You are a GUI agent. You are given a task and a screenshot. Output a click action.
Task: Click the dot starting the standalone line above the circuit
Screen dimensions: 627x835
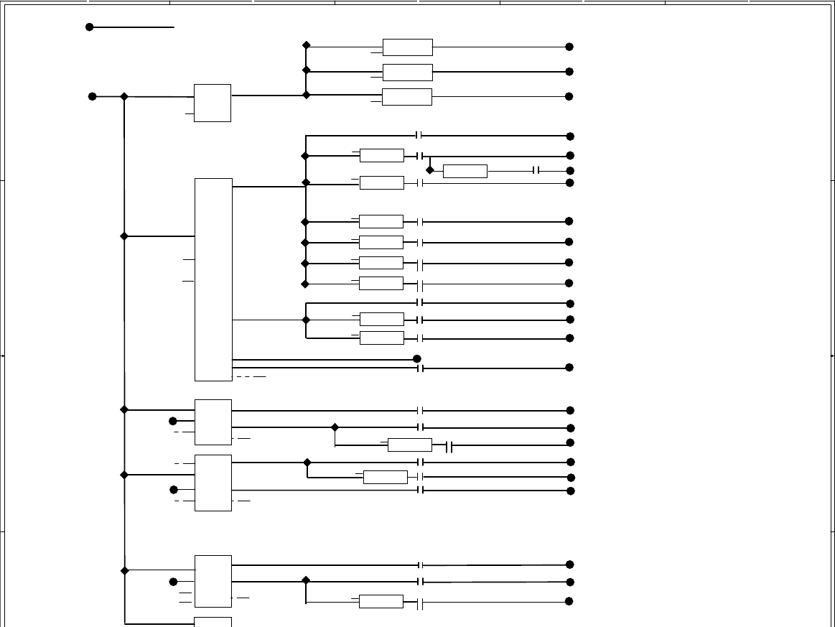click(x=90, y=27)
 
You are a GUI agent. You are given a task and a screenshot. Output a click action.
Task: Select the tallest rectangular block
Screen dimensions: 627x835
click(x=213, y=279)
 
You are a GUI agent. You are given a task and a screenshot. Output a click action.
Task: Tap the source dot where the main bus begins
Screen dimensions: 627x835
click(x=92, y=96)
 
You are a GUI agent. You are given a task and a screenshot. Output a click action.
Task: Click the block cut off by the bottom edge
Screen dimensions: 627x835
click(x=213, y=621)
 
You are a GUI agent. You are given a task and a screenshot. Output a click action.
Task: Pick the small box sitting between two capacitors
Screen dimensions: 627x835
click(x=465, y=171)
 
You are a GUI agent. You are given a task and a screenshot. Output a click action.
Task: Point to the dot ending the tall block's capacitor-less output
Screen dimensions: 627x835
click(x=417, y=358)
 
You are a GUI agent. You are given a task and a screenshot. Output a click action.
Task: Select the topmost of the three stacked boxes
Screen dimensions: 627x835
click(x=408, y=47)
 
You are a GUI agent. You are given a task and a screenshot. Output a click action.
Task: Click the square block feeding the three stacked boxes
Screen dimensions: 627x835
click(x=213, y=103)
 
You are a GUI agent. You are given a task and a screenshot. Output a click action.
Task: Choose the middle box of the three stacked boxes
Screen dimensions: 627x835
click(x=408, y=73)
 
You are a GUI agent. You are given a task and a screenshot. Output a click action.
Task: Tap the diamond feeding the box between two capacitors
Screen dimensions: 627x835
click(x=430, y=170)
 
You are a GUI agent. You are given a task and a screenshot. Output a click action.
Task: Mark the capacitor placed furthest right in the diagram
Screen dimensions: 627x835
click(x=536, y=171)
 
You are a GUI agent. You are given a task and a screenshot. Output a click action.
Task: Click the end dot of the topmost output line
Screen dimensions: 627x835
click(x=569, y=47)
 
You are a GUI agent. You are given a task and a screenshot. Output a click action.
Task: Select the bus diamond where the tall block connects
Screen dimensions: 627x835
click(x=124, y=236)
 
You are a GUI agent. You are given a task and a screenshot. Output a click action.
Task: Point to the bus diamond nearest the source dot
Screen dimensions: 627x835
click(x=124, y=96)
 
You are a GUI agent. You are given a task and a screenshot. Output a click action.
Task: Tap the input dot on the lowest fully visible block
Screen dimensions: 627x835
click(x=173, y=582)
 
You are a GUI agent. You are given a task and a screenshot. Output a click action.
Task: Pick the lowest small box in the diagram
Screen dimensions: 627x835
click(x=381, y=602)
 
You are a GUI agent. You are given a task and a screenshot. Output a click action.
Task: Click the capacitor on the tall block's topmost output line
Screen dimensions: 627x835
click(x=420, y=136)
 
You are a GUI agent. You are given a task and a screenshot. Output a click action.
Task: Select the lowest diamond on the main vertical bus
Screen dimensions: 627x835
click(x=125, y=571)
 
